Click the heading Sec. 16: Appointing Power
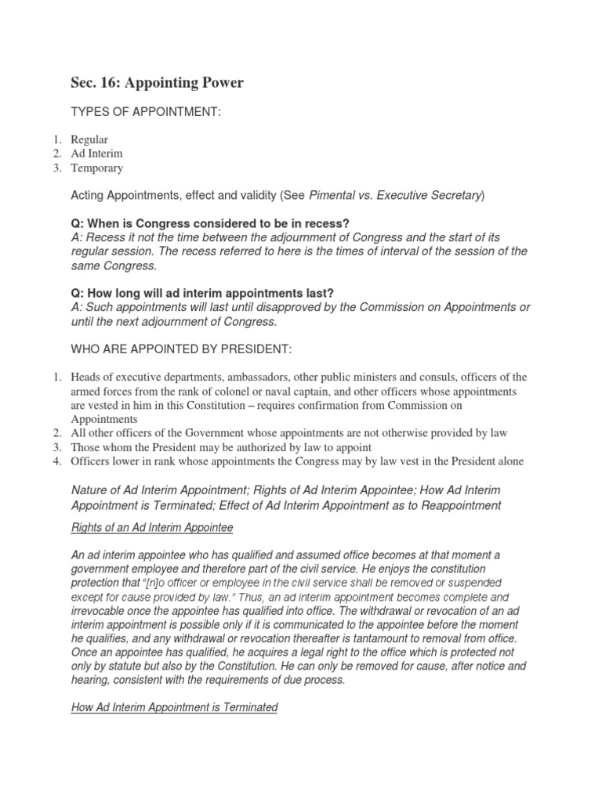click(x=157, y=83)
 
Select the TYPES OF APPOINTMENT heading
click(x=146, y=114)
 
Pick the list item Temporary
click(x=96, y=168)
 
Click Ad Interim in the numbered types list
click(x=96, y=154)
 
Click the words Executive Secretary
click(x=430, y=195)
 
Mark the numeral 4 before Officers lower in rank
click(x=57, y=461)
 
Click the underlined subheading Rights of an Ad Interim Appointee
click(x=152, y=527)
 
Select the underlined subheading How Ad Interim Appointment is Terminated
click(x=174, y=707)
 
